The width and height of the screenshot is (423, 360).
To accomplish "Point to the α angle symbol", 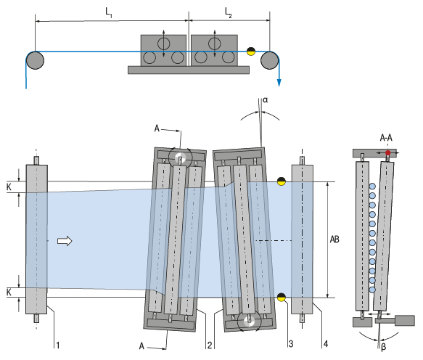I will pos(265,102).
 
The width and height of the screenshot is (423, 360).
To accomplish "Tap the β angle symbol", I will pos(382,348).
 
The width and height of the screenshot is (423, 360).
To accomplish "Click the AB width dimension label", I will pos(335,238).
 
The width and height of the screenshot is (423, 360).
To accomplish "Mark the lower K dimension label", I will pos(8,290).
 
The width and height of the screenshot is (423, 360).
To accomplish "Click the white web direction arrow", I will pos(65,241).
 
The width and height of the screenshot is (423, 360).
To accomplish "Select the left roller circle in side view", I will pos(36,60).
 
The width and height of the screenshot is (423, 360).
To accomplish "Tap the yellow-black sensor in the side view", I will pos(252,51).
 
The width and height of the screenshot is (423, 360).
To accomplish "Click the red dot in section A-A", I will pos(388,152).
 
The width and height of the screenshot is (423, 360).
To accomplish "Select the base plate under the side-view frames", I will pos(189,70).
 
